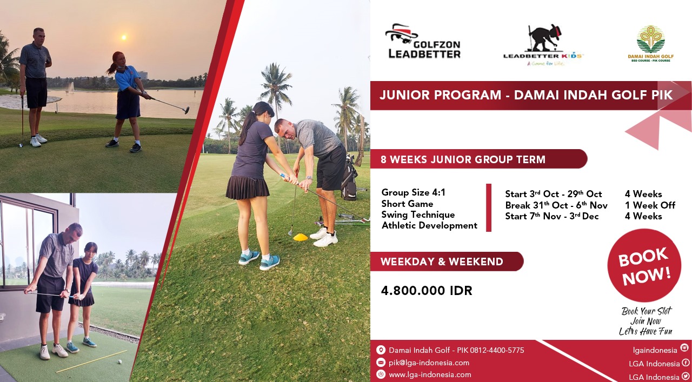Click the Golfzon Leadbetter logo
423,41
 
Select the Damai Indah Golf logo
650,44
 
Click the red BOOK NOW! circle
644,266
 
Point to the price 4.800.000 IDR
427,291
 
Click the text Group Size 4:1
414,192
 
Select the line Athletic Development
429,226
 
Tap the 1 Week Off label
650,205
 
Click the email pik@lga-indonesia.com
429,363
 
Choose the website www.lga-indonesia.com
430,374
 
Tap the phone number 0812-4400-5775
497,350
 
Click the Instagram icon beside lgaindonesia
684,348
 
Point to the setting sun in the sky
124,37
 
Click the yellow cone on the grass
300,237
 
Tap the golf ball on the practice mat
120,361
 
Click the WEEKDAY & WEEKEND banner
447,262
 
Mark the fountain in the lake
71,87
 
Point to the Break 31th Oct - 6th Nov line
556,205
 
